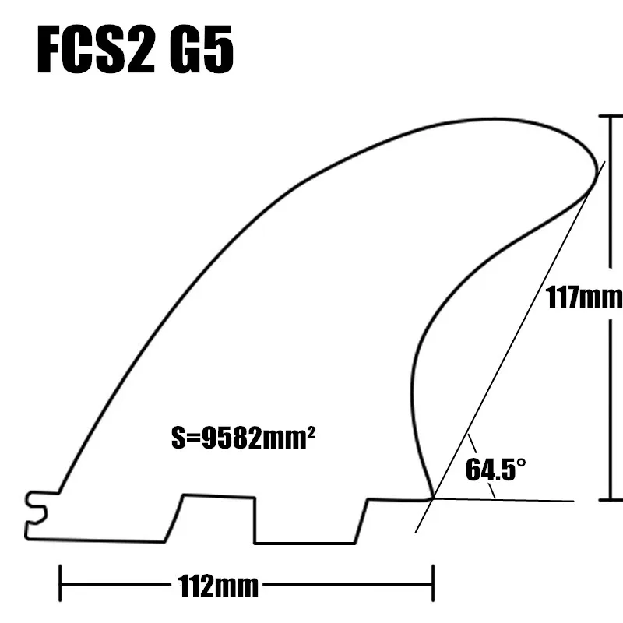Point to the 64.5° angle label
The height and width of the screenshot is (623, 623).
(x=496, y=470)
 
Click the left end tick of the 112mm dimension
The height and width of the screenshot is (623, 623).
(x=61, y=585)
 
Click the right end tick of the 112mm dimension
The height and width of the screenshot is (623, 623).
(x=432, y=585)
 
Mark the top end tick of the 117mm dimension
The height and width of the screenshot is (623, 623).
(x=611, y=115)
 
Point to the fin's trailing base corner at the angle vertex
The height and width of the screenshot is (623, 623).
(x=432, y=498)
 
